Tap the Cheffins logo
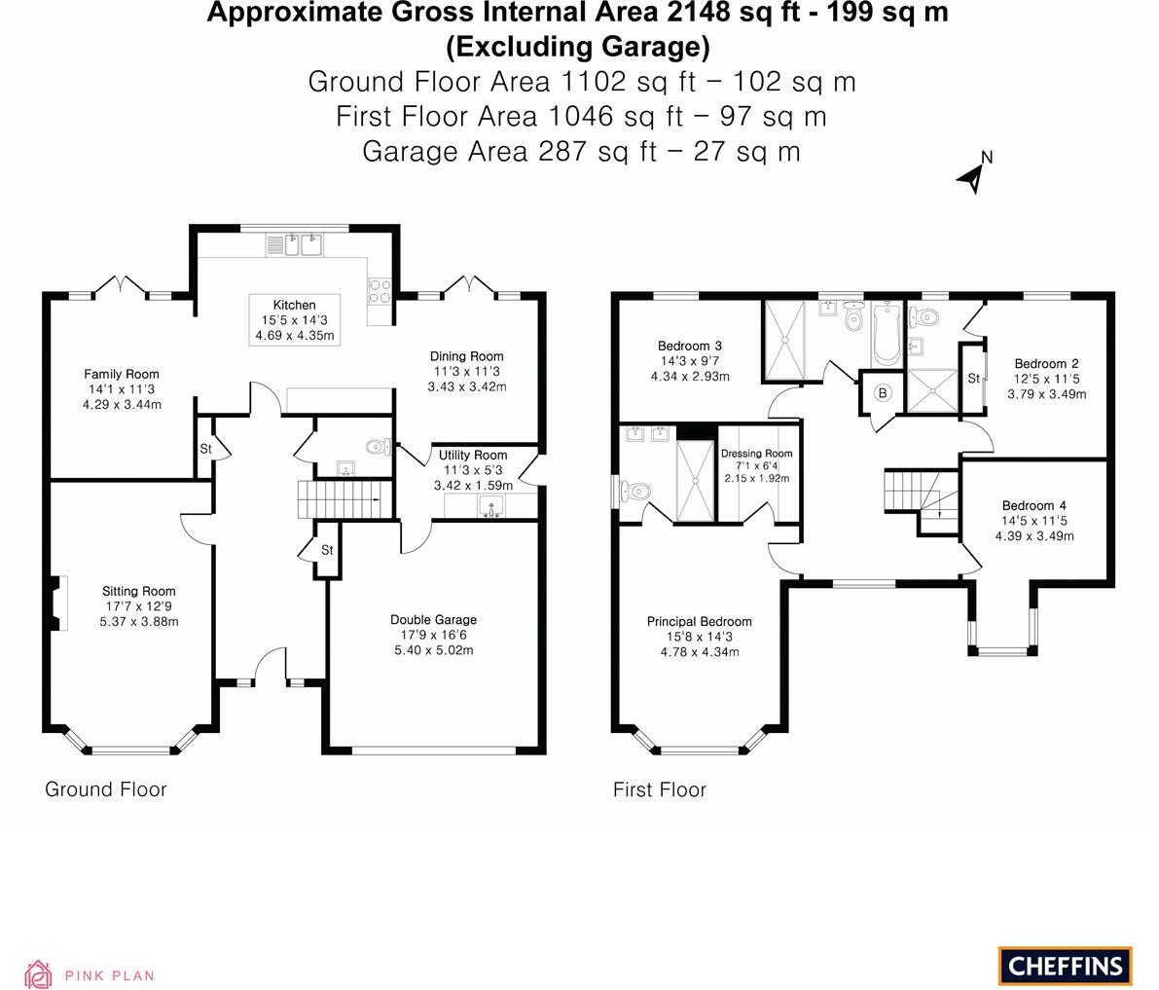click(x=1065, y=966)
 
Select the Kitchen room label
click(x=294, y=305)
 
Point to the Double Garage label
click(x=433, y=620)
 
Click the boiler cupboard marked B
click(x=883, y=393)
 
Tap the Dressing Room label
click(x=756, y=454)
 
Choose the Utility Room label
click(x=472, y=455)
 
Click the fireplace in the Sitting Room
click(x=57, y=604)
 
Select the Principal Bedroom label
click(x=699, y=621)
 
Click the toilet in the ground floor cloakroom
click(x=377, y=448)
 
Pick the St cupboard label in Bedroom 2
click(x=972, y=379)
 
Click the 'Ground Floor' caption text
click(x=105, y=789)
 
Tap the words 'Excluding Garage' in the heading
click(x=577, y=46)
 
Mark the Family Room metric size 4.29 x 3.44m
click(x=121, y=405)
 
